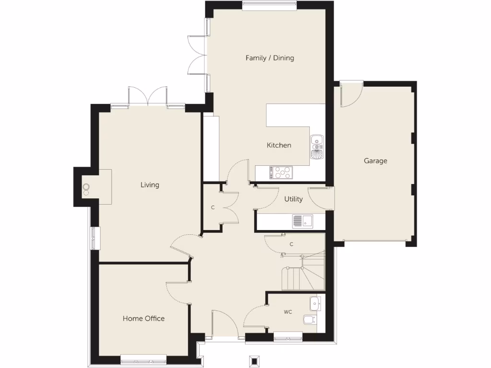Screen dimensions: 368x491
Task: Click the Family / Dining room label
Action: [x=269, y=58]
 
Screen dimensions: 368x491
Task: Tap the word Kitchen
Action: [x=279, y=145]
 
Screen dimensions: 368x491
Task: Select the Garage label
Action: [x=375, y=161]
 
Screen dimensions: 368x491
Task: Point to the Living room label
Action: [x=150, y=185]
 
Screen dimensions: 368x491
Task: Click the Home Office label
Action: [x=143, y=318]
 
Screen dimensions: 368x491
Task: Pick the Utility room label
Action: [x=293, y=199]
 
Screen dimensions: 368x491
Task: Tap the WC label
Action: [x=288, y=312]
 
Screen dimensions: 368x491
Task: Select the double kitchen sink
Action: [x=317, y=146]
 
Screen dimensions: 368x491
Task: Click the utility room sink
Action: [x=302, y=221]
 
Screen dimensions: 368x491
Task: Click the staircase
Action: [x=302, y=276]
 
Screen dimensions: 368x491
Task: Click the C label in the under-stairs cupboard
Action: [x=291, y=244]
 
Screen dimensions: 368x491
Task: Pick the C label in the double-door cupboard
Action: [x=212, y=208]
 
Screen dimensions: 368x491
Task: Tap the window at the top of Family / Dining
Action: [x=269, y=6]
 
